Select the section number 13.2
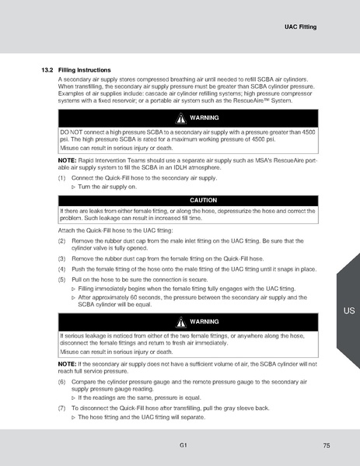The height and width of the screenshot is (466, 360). [x=46, y=71]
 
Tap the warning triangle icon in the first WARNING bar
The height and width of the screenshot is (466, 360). [x=180, y=118]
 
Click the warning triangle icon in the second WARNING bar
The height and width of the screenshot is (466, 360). [x=180, y=322]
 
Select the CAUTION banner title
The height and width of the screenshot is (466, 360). [x=187, y=201]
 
